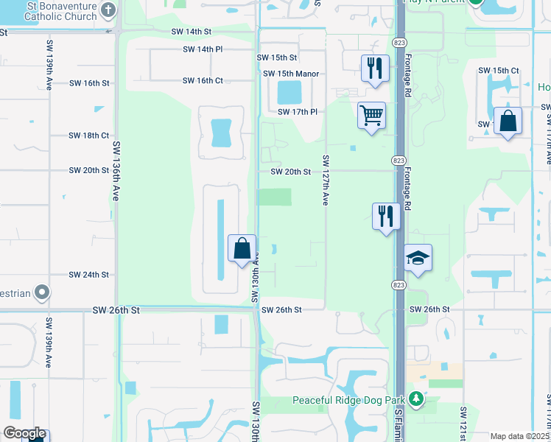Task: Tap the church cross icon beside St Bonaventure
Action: click(108, 10)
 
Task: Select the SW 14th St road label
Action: click(191, 32)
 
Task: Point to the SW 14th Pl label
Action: click(203, 49)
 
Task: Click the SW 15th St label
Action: click(276, 57)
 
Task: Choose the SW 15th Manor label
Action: click(291, 74)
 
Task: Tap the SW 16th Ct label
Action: click(203, 80)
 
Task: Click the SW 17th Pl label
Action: click(297, 112)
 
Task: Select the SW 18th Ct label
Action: click(88, 136)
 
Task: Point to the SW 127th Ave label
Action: click(324, 180)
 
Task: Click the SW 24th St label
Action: click(89, 275)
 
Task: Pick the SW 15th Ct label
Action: click(498, 70)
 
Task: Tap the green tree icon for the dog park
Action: click(416, 399)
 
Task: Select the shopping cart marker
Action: click(372, 115)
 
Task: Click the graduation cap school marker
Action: click(418, 258)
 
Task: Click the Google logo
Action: click(24, 433)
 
